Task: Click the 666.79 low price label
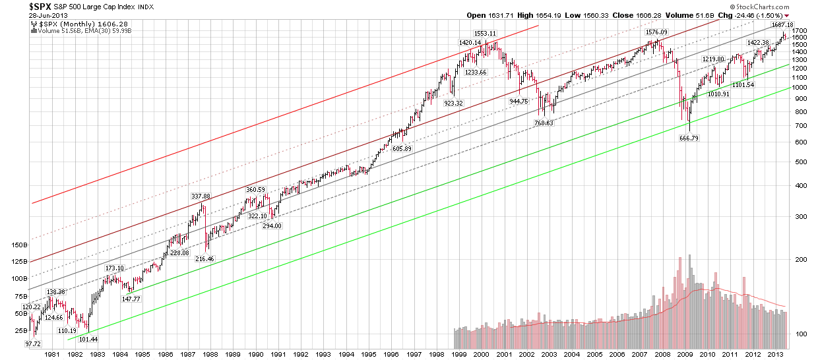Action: [x=689, y=138]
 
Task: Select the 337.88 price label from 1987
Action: [x=200, y=196]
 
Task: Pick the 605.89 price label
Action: [x=400, y=149]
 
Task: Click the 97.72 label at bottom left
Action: [x=33, y=344]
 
